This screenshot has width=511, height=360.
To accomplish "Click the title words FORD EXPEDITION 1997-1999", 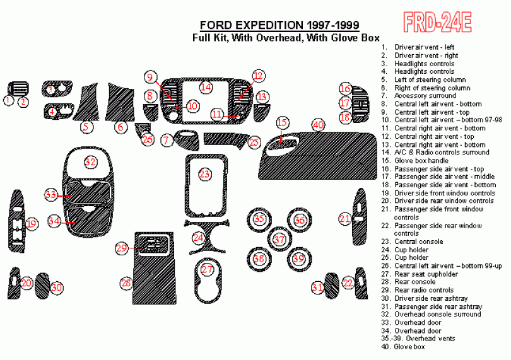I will [279, 25].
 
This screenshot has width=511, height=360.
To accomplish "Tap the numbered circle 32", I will [91, 162].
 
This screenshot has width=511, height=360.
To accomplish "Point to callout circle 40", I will [319, 125].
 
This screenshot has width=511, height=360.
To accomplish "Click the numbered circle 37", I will [279, 240].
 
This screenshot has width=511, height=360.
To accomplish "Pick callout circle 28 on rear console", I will [126, 283].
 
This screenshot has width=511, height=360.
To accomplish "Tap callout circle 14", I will [206, 86].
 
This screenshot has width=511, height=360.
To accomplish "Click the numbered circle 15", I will [282, 122].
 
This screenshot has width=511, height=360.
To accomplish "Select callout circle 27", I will [207, 270].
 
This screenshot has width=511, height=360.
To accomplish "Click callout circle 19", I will [32, 223].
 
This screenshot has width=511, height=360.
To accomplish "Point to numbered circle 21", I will [344, 219].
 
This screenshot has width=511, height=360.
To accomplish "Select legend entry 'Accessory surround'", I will [425, 96].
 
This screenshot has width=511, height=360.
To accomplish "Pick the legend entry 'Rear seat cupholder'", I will [426, 274].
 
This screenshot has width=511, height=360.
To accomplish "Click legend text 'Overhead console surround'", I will [437, 314].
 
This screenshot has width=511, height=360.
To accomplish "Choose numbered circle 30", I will [57, 287].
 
